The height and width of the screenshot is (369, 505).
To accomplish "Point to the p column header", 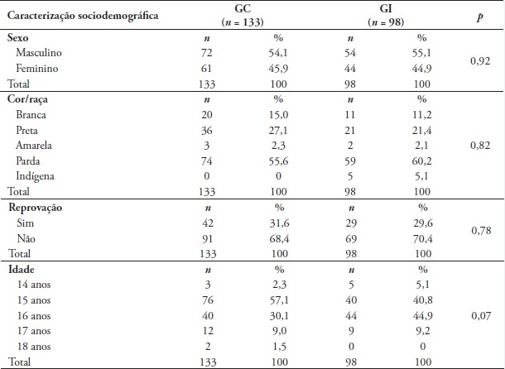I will coord(479,16).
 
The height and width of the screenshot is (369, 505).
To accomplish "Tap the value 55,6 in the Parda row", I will coord(282,161).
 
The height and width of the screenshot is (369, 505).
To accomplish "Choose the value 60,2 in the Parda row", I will coord(423,161).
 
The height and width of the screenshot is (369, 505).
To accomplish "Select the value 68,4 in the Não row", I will coord(282,237).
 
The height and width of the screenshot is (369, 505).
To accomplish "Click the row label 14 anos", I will coord(34,284).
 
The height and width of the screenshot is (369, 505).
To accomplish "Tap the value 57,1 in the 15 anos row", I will coord(282,300).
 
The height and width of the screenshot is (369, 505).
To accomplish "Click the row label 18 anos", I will coord(34,346).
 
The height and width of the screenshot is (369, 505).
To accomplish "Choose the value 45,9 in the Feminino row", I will coord(282,69).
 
